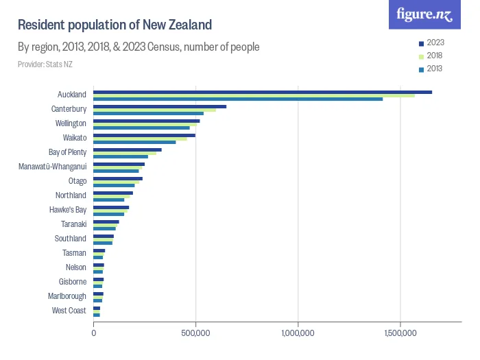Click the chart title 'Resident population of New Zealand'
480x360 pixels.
tap(115, 25)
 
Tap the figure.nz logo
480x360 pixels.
tap(424, 15)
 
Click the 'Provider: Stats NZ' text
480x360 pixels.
tap(45, 64)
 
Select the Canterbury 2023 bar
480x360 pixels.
tap(160, 106)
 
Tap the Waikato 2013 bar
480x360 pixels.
tap(134, 142)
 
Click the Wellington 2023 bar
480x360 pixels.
tap(147, 121)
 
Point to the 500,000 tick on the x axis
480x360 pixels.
tap(196, 333)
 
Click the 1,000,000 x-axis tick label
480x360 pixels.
tap(298, 333)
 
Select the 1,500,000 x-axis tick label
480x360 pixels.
tap(400, 333)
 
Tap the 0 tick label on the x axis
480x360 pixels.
tap(94, 333)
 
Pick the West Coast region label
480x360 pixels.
tap(69, 311)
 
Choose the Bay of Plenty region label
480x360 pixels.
tap(67, 152)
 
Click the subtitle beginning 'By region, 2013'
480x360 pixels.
tap(139, 47)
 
